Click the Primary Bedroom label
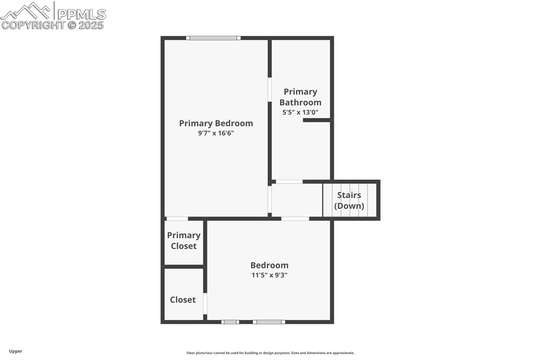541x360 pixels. pyautogui.click(x=216, y=124)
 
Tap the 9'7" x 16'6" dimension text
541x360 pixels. pyautogui.click(x=216, y=134)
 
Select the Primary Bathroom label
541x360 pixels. pyautogui.click(x=300, y=97)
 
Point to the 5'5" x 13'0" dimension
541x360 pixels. pyautogui.click(x=300, y=112)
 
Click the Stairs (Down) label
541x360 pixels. pyautogui.click(x=349, y=201)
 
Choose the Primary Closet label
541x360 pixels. pyautogui.click(x=184, y=241)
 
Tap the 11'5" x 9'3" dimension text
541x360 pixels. pyautogui.click(x=269, y=275)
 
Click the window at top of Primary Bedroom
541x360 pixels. pyautogui.click(x=213, y=38)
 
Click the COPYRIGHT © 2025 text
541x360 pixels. pyautogui.click(x=53, y=25)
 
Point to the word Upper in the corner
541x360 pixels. pyautogui.click(x=16, y=351)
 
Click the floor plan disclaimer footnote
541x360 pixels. pyautogui.click(x=270, y=353)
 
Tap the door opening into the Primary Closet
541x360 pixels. pyautogui.click(x=177, y=219)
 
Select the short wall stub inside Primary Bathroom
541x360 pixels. pyautogui.click(x=316, y=120)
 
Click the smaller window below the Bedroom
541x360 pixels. pyautogui.click(x=230, y=321)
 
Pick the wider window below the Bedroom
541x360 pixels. pyautogui.click(x=269, y=321)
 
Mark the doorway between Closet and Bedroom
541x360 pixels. pyautogui.click(x=205, y=304)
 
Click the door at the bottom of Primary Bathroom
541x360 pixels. pyautogui.click(x=289, y=182)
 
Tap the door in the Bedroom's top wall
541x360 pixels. pyautogui.click(x=295, y=219)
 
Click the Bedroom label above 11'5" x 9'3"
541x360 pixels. pyautogui.click(x=269, y=266)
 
